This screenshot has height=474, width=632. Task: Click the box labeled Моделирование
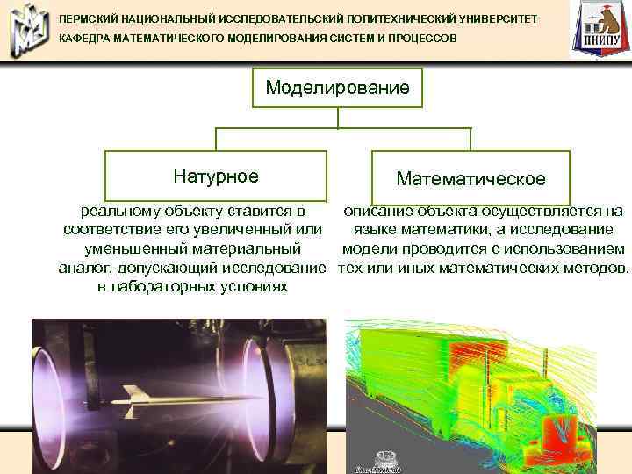click(338, 88)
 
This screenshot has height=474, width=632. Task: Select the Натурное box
click(216, 176)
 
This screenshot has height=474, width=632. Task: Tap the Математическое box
click(470, 178)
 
